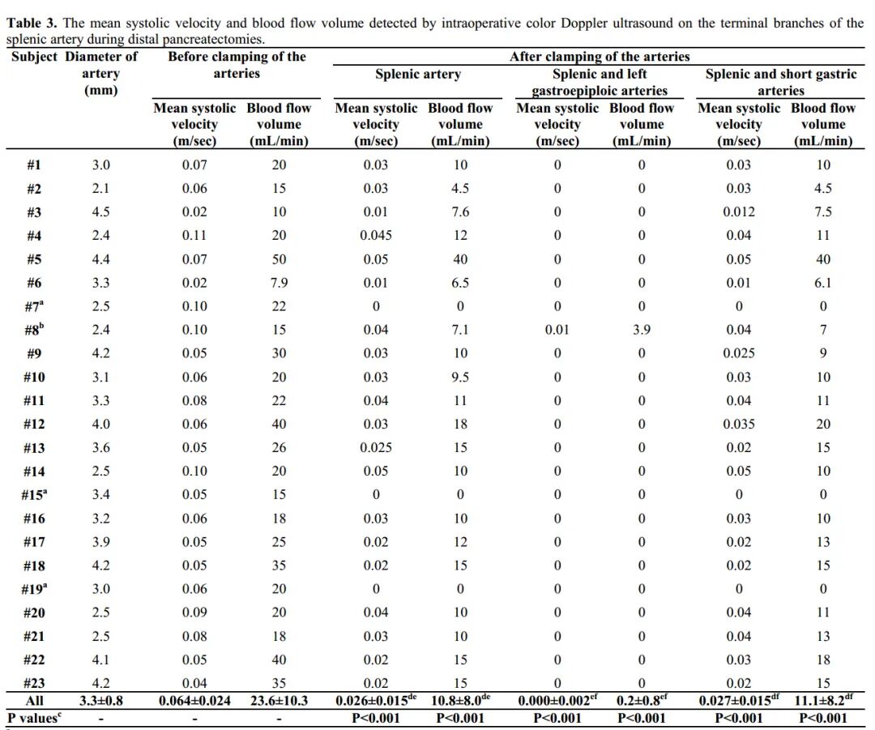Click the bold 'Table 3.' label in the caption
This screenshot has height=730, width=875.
(x=32, y=23)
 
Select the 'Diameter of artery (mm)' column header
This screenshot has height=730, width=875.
(x=101, y=73)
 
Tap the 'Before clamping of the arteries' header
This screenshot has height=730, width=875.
(x=237, y=65)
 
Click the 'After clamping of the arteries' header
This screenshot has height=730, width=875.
(x=600, y=57)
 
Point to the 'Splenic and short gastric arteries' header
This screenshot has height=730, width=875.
(x=780, y=82)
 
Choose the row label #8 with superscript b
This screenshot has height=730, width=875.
(x=34, y=330)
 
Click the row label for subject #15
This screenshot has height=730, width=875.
(x=34, y=494)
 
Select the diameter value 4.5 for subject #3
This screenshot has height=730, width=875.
(x=101, y=212)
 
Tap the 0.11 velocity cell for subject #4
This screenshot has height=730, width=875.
(x=194, y=236)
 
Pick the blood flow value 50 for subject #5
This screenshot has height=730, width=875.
(x=279, y=259)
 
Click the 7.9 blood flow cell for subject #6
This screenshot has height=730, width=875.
(x=279, y=283)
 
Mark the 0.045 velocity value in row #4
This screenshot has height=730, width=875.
(x=376, y=236)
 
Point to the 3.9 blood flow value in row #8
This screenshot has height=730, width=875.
(x=642, y=330)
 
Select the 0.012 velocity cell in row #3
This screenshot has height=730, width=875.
(x=738, y=212)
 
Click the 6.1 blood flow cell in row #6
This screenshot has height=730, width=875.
(x=823, y=283)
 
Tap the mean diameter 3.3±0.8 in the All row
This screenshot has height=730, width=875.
(x=101, y=701)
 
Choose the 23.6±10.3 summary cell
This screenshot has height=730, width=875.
(x=279, y=701)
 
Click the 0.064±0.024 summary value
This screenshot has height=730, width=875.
(x=194, y=701)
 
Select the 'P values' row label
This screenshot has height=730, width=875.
(x=34, y=718)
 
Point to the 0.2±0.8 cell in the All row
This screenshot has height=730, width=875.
(x=640, y=701)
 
